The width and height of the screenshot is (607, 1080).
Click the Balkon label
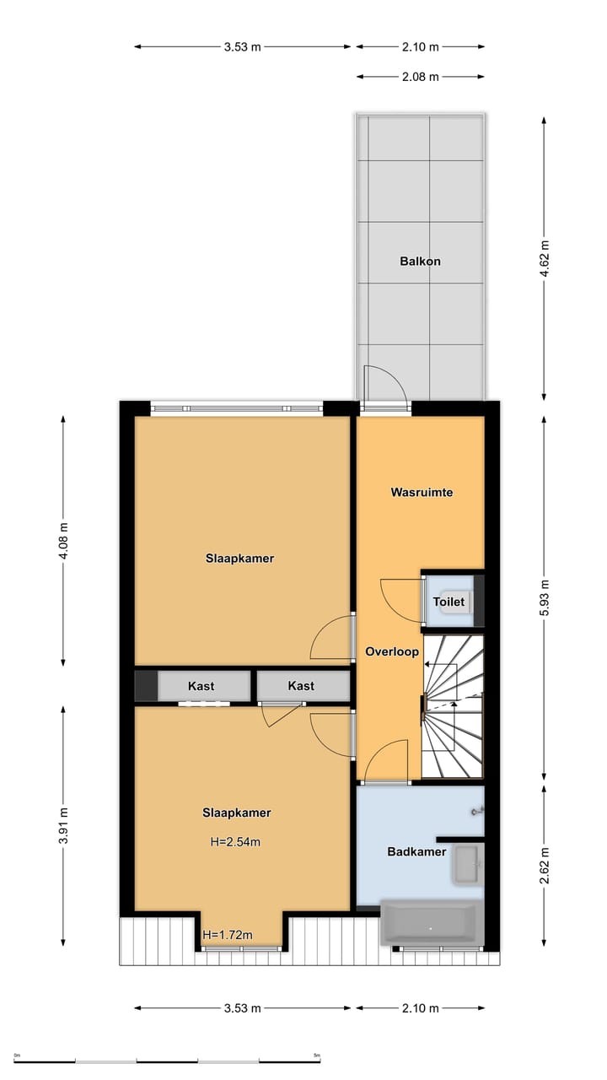pos(420,262)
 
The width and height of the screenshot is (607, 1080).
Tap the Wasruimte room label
pos(422,492)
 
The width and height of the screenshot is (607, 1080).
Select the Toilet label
pos(448,602)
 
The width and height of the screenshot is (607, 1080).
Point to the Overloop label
pos(392,651)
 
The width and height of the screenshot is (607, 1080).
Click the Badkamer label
pos(416,851)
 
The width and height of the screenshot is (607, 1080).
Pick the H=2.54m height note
pos(236,841)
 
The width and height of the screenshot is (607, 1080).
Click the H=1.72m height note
pos(228,934)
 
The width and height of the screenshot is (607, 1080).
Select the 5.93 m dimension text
pos(544,597)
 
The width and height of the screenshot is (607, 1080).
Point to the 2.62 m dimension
pos(544,866)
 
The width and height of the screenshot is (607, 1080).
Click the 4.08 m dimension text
pos(64,541)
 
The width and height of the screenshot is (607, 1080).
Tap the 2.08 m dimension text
pos(421,77)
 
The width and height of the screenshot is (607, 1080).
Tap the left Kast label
pos(201,686)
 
